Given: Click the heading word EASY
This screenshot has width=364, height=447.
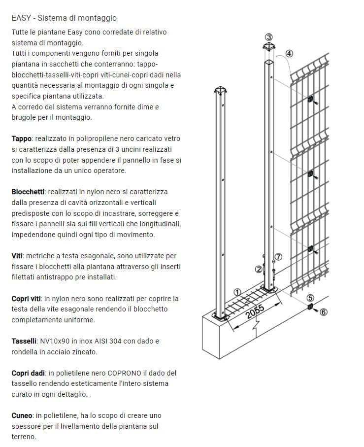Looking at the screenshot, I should click(20, 18).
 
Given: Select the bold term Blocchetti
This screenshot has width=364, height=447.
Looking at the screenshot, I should click(28, 191).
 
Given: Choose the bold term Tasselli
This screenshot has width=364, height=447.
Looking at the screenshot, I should click(24, 341).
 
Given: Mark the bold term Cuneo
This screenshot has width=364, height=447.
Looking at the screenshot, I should click(22, 415).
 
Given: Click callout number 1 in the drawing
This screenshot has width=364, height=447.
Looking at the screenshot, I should click(237, 292).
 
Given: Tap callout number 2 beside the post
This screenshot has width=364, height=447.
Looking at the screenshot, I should click(258, 269).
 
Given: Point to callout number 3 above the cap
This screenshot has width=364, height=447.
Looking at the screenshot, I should click(269, 37).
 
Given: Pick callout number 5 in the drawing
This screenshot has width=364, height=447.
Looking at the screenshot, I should click(310, 297).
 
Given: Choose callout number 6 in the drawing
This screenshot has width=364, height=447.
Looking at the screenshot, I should click(323, 311).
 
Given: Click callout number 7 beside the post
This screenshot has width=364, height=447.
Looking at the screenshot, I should click(278, 257).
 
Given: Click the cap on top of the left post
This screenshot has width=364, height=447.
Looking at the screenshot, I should click(221, 91).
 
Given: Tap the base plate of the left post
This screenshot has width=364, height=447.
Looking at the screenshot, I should click(221, 316).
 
